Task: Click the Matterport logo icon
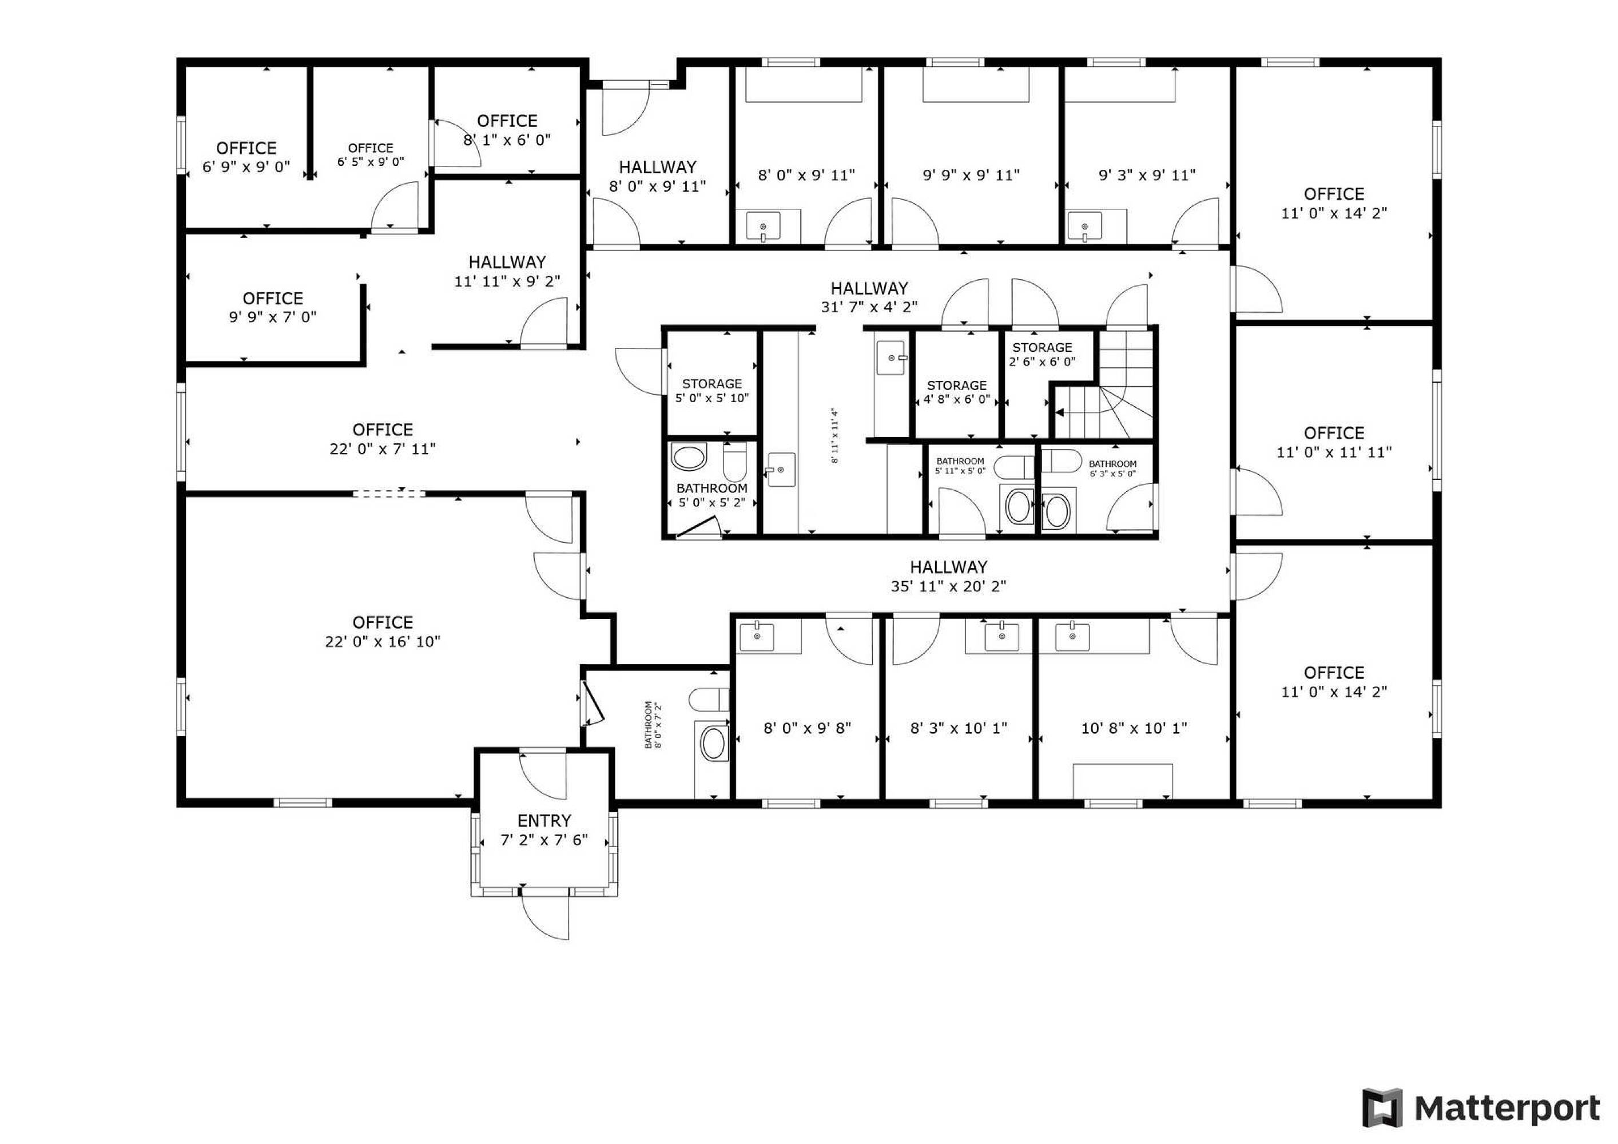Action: click(x=1382, y=1108)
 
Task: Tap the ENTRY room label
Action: click(x=544, y=820)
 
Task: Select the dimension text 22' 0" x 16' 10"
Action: click(x=383, y=641)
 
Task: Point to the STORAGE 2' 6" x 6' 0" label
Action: click(x=1042, y=355)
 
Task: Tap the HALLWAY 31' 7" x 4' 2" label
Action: click(x=869, y=297)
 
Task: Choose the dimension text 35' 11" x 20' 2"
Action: click(x=948, y=586)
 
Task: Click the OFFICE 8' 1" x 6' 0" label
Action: click(x=507, y=130)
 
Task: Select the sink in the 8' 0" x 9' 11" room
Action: click(x=763, y=227)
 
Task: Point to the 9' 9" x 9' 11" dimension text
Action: click(x=971, y=175)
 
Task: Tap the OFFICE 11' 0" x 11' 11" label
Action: click(x=1334, y=442)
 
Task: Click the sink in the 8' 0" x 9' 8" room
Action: click(x=757, y=636)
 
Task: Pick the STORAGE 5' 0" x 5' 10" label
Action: click(x=711, y=391)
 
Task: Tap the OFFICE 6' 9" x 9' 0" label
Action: click(x=246, y=157)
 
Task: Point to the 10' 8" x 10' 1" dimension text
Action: click(x=1135, y=728)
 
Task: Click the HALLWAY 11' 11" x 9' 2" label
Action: click(x=507, y=271)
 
